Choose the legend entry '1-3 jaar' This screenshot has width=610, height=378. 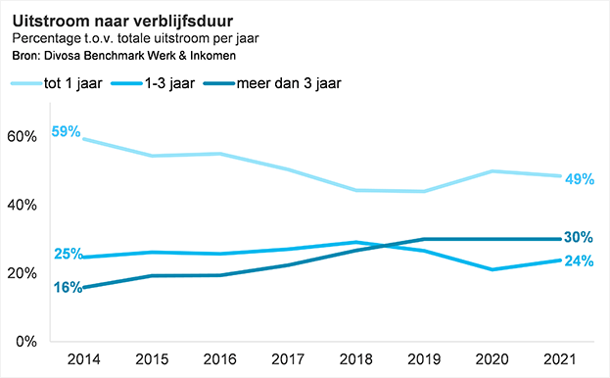[166, 83]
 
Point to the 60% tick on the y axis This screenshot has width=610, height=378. [23, 136]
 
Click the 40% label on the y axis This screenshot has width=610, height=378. [23, 205]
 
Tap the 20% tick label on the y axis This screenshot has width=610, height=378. [23, 273]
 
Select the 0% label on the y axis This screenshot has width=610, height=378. [26, 342]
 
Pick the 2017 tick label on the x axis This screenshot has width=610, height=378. [287, 359]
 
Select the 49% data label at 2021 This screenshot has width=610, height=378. [580, 178]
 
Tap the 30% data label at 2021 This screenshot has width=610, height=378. [580, 238]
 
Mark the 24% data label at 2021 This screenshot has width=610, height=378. [580, 261]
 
